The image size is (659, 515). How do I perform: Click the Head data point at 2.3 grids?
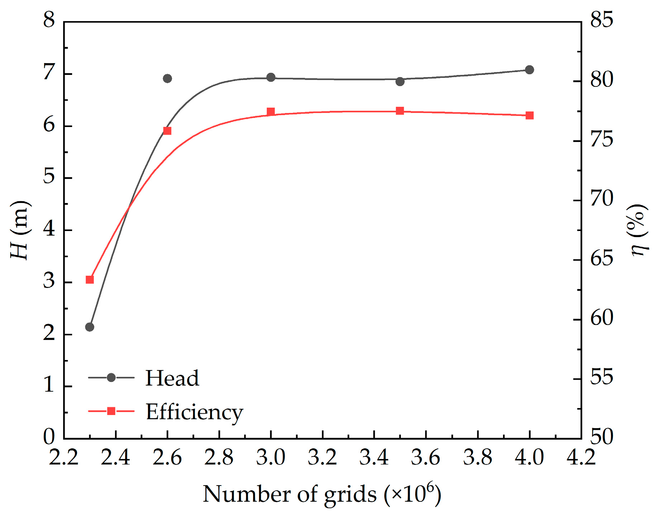coord(90,327)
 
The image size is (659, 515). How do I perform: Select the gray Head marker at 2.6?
coord(167,79)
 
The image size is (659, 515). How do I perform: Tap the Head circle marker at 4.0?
coord(530,70)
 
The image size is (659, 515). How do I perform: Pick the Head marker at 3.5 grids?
coord(400,81)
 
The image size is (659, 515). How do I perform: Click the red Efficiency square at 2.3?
coord(90,280)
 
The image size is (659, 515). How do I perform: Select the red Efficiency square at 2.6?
coord(167,131)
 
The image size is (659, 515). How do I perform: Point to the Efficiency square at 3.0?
coord(271,112)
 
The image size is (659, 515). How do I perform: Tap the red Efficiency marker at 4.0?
coord(530,115)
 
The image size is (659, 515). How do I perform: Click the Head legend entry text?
coord(172,378)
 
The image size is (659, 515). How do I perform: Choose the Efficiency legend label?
coord(194,412)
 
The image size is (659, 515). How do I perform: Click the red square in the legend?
coord(111,411)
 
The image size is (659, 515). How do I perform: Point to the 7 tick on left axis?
coord(49,72)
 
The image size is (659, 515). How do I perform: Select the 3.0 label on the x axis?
coord(271,458)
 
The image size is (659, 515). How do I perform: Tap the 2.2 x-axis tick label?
coord(63,458)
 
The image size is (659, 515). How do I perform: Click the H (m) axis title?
coord(20,230)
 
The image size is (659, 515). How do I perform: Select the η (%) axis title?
coord(639,230)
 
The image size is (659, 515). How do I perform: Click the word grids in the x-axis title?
coord(350,495)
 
